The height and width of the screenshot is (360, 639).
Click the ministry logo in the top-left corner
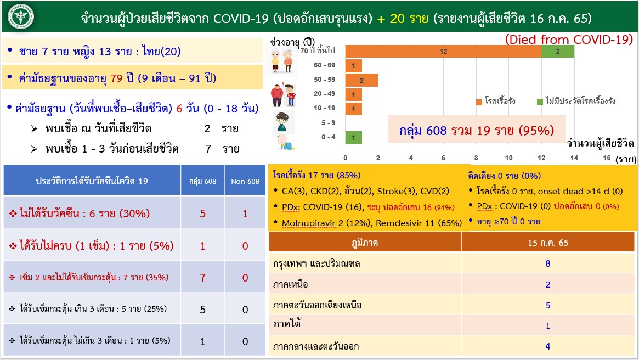(x=21, y=16)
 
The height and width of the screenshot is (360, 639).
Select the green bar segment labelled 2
(x=557, y=52)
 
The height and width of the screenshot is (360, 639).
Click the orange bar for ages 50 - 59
(x=361, y=80)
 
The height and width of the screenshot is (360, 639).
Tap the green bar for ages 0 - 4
(x=353, y=137)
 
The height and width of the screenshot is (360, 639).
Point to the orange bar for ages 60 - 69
(x=353, y=66)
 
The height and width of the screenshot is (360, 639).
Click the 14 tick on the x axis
(x=574, y=158)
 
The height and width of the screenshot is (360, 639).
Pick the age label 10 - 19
(x=324, y=108)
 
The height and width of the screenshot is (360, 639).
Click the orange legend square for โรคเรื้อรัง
(x=479, y=102)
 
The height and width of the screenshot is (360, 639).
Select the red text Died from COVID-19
(x=569, y=39)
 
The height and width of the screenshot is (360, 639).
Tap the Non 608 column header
(x=245, y=182)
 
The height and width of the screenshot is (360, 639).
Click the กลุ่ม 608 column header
(x=202, y=182)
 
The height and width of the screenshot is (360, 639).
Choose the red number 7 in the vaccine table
(x=202, y=278)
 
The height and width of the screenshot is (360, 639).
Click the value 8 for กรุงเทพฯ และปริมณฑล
(x=548, y=264)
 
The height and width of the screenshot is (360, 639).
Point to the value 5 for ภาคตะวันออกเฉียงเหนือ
(x=548, y=305)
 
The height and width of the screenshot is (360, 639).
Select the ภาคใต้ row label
(x=287, y=324)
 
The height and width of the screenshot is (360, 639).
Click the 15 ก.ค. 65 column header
(x=548, y=243)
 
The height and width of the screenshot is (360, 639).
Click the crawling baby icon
(x=285, y=142)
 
